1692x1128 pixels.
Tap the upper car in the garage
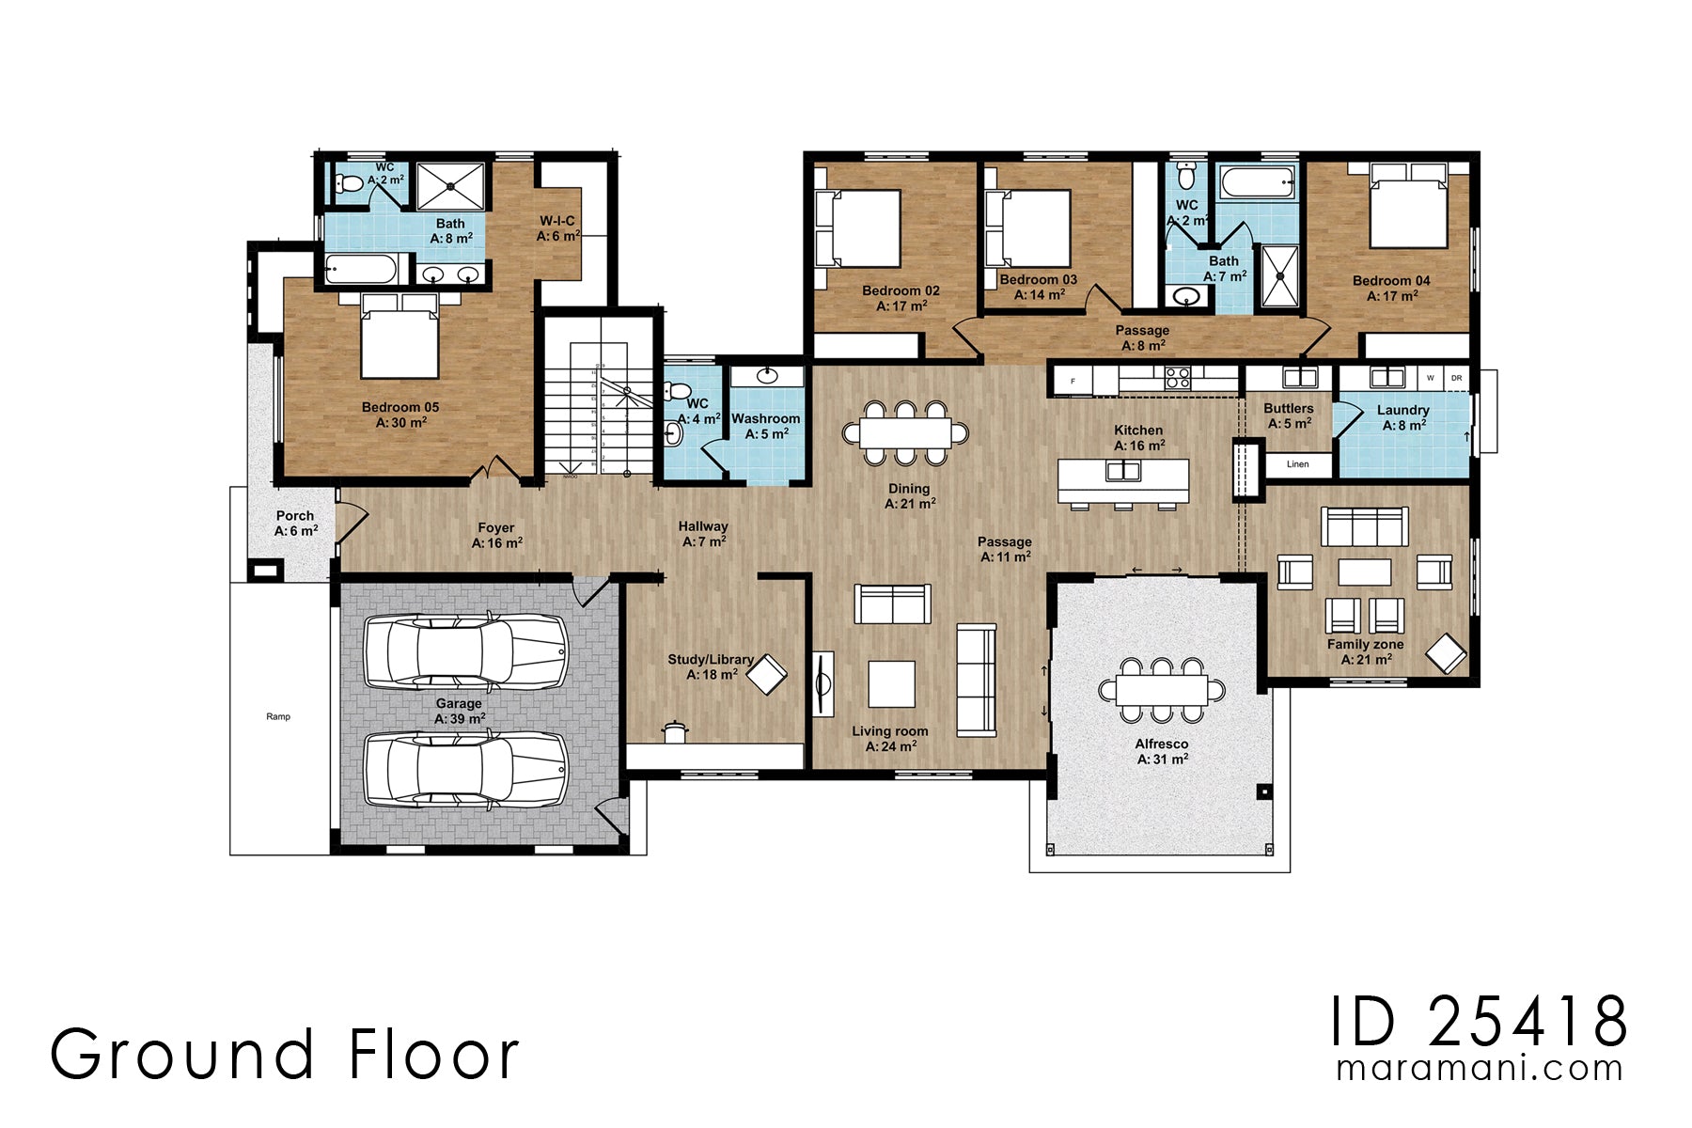pyautogui.click(x=465, y=650)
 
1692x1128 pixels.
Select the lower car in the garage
pyautogui.click(x=465, y=769)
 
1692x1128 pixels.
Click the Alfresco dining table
pyautogui.click(x=1162, y=690)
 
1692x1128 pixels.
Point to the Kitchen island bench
pyautogui.click(x=1122, y=479)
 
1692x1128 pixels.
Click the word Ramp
pyautogui.click(x=278, y=716)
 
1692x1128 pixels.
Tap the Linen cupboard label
pyautogui.click(x=1297, y=464)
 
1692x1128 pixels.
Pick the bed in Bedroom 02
pyautogui.click(x=858, y=228)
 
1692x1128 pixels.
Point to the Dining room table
pyautogui.click(x=905, y=432)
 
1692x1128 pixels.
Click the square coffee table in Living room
pyautogui.click(x=891, y=683)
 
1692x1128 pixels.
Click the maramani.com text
pyautogui.click(x=1480, y=1069)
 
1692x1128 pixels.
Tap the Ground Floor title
pyautogui.click(x=284, y=1054)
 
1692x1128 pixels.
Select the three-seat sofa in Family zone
pyautogui.click(x=1365, y=526)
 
